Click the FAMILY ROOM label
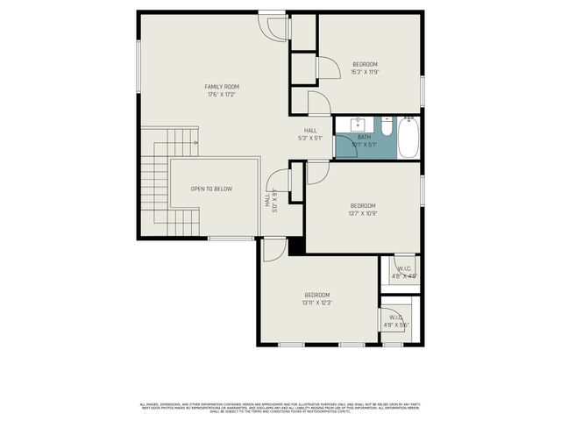222,87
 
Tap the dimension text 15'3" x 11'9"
365,72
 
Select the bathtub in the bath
408,139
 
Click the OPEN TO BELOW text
211,189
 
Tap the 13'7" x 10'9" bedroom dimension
362,213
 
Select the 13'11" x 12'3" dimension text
316,302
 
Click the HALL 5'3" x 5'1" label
311,132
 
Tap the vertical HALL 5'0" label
271,201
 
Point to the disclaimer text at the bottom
280,408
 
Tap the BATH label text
364,138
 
